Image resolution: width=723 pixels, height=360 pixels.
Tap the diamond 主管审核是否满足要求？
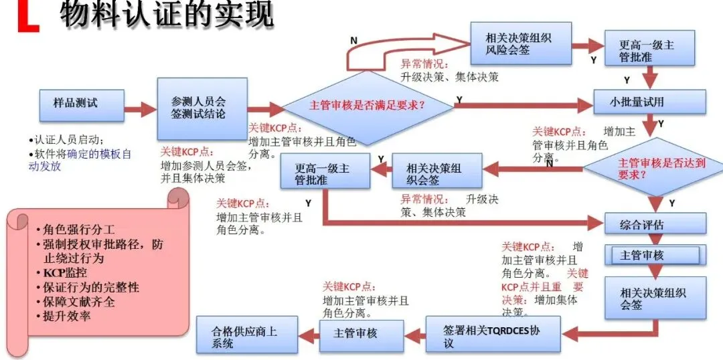click(367, 106)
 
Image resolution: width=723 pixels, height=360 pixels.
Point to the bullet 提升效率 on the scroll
click(67, 315)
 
